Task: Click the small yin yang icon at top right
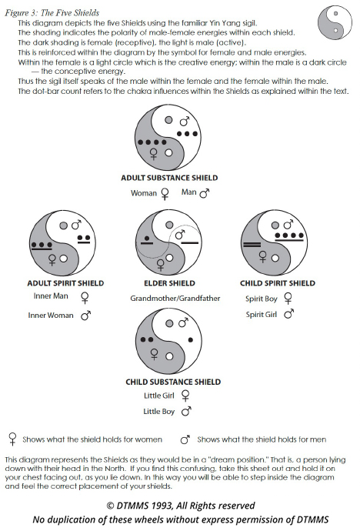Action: tap(335, 22)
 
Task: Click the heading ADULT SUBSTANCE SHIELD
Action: tap(169, 178)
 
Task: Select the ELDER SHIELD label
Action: tap(169, 283)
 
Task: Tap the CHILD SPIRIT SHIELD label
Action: tap(278, 283)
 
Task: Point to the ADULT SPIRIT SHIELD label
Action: tap(65, 283)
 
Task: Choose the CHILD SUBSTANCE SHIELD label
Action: tap(173, 382)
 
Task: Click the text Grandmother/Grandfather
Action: tap(175, 299)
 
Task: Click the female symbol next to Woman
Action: tap(165, 194)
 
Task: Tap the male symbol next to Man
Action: tap(205, 193)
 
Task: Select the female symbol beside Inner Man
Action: tap(85, 298)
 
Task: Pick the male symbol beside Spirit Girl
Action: tap(289, 314)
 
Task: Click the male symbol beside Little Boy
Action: tap(186, 411)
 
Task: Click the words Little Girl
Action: tap(159, 396)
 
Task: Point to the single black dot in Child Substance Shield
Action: tap(191, 339)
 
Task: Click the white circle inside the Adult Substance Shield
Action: tap(168, 152)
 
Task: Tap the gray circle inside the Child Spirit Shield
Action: tap(275, 225)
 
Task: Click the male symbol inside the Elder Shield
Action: tap(180, 234)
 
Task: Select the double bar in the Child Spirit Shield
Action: tap(252, 244)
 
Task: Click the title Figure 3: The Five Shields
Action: tap(52, 13)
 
